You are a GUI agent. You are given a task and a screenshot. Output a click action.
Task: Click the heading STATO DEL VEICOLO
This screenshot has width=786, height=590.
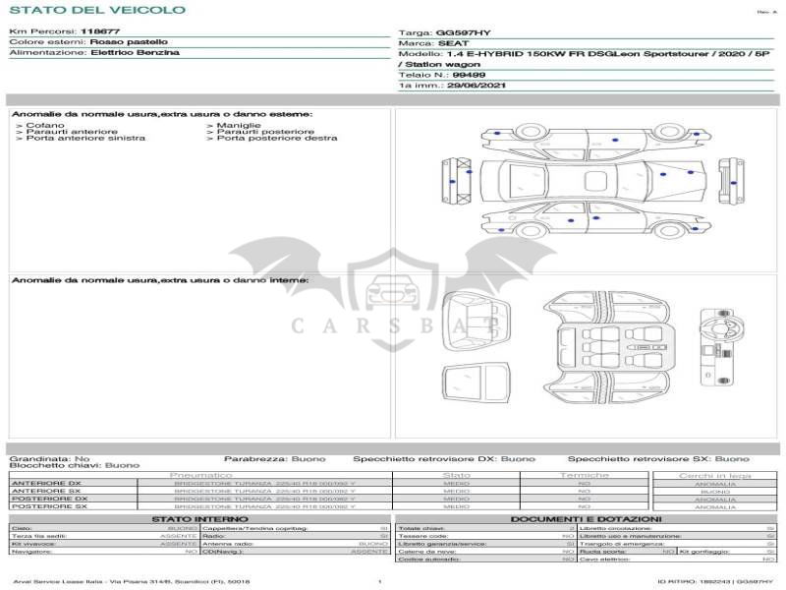point(96,10)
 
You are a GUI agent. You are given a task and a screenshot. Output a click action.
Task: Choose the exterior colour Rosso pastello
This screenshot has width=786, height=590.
point(129,42)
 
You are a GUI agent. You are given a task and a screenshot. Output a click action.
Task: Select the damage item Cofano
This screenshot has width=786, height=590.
point(46,125)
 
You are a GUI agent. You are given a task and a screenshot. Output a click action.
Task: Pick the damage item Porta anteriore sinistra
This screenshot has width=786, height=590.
point(85,139)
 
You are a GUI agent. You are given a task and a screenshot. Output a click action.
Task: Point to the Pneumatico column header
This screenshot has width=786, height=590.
point(200,475)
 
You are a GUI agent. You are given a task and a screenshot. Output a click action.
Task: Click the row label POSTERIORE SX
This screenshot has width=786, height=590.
point(48,506)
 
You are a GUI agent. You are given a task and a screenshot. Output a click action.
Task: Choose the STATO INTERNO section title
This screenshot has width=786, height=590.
point(199,518)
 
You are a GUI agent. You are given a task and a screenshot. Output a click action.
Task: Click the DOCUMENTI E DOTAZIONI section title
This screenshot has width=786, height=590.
point(586,518)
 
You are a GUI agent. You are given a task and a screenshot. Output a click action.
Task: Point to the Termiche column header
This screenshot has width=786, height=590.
point(584,475)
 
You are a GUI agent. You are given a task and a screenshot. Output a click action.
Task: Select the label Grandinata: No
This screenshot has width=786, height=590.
point(49,458)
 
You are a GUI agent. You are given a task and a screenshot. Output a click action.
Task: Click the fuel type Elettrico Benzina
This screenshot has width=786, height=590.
point(135,52)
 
